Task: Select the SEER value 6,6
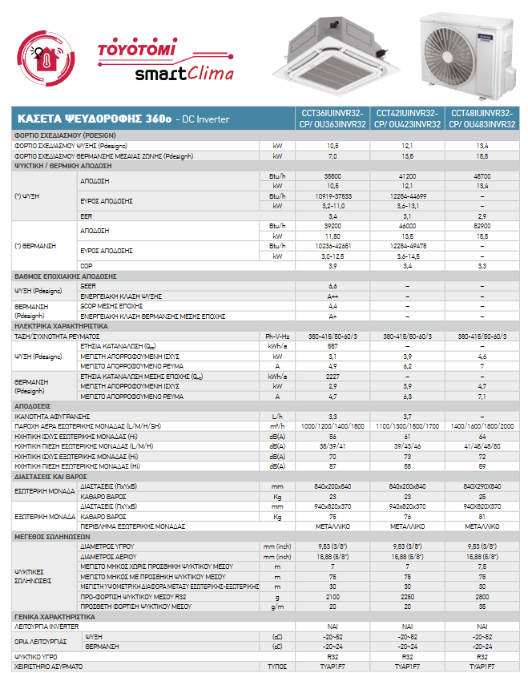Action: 333,286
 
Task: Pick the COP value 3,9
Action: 333,265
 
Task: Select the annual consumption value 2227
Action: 333,376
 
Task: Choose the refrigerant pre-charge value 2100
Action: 333,597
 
